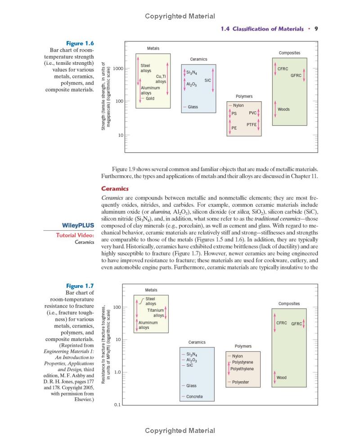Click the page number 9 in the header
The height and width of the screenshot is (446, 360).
316,29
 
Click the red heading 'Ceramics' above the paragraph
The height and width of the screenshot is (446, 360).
115,189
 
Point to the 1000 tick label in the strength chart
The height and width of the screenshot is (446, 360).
118,68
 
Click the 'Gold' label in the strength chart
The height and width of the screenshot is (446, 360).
150,98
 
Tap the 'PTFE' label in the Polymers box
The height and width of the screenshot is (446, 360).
252,124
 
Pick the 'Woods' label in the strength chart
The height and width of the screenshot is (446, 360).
283,109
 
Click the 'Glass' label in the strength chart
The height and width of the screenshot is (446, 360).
193,107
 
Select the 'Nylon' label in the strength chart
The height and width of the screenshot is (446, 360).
238,105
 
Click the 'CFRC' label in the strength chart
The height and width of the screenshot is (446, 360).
283,68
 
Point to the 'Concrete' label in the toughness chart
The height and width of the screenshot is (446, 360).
194,397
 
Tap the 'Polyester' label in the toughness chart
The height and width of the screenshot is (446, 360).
240,382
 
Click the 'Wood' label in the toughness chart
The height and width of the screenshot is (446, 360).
281,378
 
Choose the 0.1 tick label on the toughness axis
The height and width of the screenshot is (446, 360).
116,405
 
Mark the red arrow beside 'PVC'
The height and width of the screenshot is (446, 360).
259,112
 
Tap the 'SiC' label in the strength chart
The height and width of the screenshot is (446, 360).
207,80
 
